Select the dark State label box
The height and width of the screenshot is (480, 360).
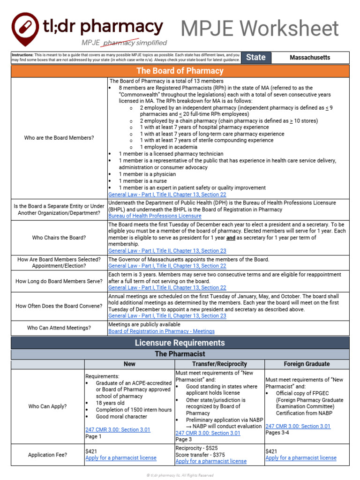click(256, 57)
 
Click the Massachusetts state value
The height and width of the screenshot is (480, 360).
click(310, 57)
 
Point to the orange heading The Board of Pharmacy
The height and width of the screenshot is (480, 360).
click(180, 71)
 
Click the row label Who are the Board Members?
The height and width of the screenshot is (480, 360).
click(59, 138)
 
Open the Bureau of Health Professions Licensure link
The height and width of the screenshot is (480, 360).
click(155, 216)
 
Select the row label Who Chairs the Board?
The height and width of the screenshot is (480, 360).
click(59, 238)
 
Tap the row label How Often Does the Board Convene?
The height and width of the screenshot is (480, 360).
click(59, 306)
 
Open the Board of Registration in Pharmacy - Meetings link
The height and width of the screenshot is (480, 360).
click(161, 331)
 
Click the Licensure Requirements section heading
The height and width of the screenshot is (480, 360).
click(180, 343)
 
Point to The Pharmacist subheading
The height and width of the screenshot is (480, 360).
click(180, 354)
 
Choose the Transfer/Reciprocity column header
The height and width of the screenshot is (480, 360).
click(219, 364)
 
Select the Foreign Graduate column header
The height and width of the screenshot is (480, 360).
click(307, 364)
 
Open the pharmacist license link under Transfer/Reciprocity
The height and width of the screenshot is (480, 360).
click(211, 461)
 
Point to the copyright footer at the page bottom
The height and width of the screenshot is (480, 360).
click(180, 475)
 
